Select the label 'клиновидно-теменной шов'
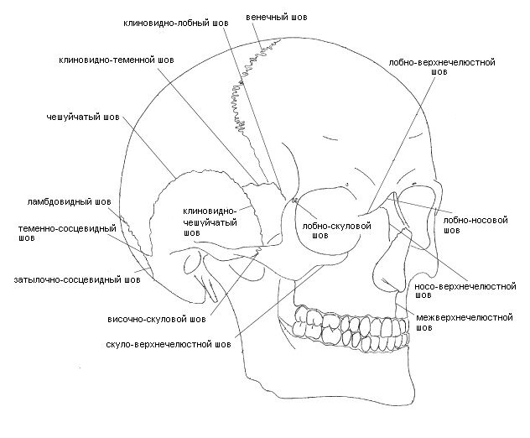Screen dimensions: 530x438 (x=117, y=61)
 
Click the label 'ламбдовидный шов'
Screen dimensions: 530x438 (x=68, y=202)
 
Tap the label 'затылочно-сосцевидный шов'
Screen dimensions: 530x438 (x=70, y=279)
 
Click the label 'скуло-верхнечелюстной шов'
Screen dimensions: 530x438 (x=169, y=344)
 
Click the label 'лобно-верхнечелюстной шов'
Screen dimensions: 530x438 (x=440, y=66)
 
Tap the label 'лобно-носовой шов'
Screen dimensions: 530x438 (x=476, y=222)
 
